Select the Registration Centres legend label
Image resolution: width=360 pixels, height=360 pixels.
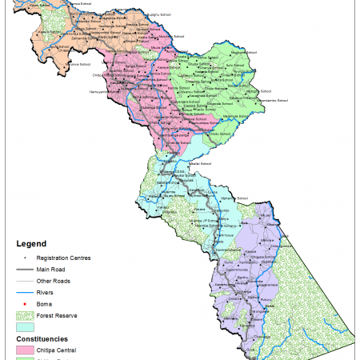click(69, 258)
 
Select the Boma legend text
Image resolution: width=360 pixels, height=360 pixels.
click(50, 304)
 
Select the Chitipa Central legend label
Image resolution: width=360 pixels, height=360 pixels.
click(64, 350)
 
